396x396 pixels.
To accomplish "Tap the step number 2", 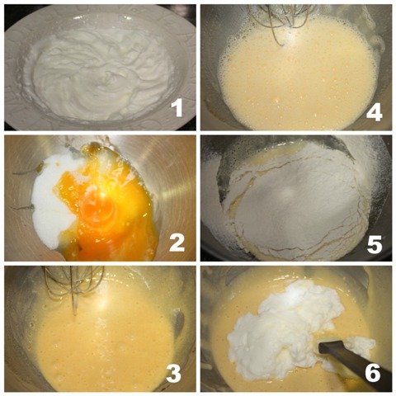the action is (177, 243).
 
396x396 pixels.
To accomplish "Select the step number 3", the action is (174, 374).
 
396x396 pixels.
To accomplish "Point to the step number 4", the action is (374, 113).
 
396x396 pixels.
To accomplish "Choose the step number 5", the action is (375, 244).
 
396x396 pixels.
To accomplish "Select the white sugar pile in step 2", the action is (52, 200).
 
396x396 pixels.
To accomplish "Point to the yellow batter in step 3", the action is (105, 349).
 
